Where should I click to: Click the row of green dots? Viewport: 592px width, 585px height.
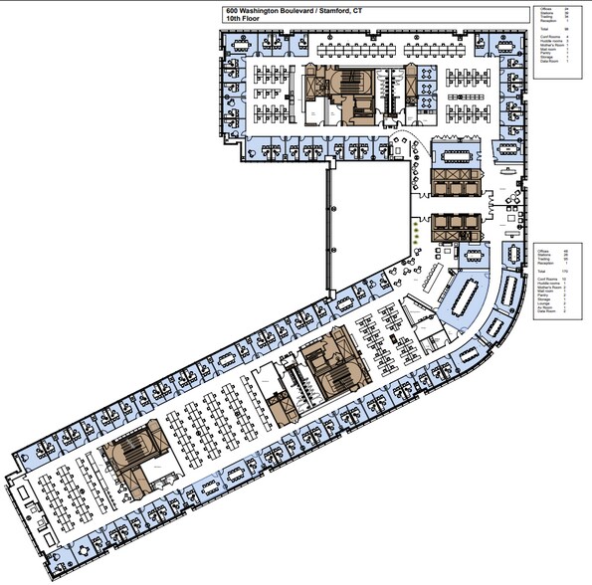pyautogui.click(x=416, y=232)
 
